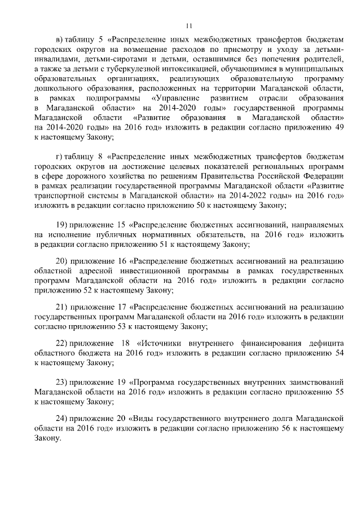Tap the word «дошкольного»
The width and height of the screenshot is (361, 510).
point(60,89)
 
